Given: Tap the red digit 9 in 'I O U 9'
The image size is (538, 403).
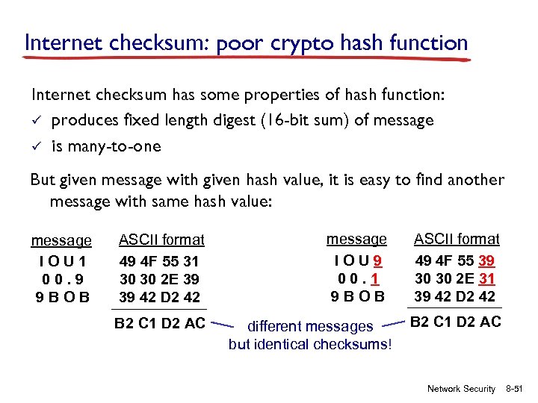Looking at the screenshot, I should (380, 260).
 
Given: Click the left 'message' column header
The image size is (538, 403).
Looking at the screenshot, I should (61, 241).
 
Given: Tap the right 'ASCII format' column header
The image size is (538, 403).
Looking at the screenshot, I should (457, 239).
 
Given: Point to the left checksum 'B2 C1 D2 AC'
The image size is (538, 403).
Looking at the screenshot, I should (159, 324).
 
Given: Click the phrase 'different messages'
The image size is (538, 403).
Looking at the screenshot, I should (309, 326).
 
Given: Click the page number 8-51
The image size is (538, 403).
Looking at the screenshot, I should (517, 389).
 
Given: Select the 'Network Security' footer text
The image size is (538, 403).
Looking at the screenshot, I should (461, 389).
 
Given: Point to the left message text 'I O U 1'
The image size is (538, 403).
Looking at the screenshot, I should (61, 260).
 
